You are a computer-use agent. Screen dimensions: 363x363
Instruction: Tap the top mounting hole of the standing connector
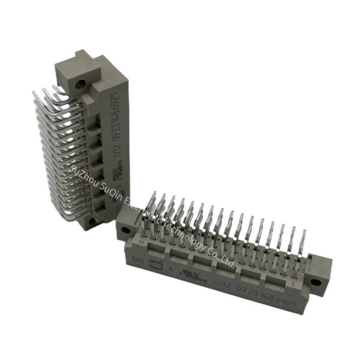(x=83, y=84)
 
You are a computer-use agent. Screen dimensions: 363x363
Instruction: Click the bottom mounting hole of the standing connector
(x=93, y=221)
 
